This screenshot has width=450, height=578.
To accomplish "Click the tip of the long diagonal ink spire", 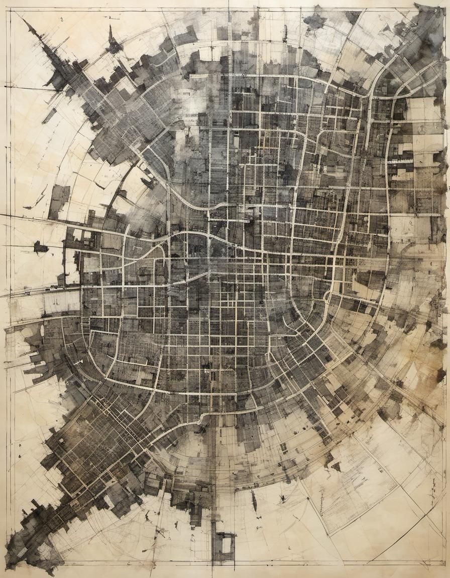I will coord(24,21).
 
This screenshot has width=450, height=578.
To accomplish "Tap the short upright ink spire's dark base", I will coord(114,47).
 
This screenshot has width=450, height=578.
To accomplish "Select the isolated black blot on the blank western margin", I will coord(40,247).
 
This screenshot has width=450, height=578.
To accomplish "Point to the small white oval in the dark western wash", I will coord(42,332).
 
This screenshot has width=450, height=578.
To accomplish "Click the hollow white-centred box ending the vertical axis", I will coord(224,544).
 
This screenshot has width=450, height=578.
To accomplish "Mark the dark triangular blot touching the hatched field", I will coord(335,467).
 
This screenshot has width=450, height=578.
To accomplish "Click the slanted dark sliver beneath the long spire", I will coord(49,116).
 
